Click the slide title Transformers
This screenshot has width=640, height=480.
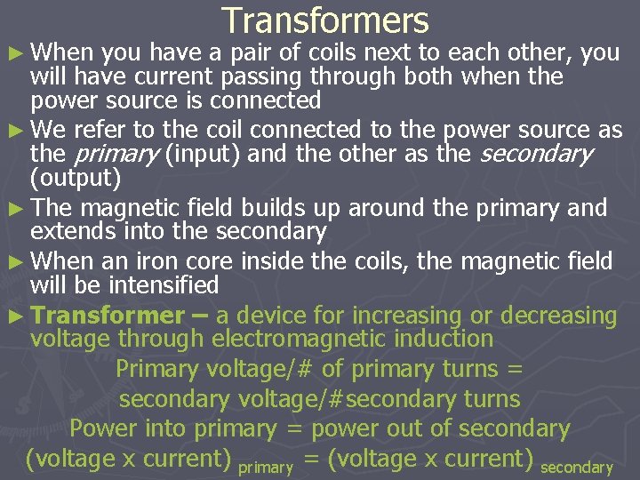[x=325, y=20]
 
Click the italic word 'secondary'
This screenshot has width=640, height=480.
[x=536, y=155]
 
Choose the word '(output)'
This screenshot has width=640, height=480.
[x=76, y=178]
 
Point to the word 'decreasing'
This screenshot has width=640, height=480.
[x=558, y=316]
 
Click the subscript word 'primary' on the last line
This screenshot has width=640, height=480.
[x=267, y=467]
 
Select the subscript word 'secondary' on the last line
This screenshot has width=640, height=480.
[x=577, y=467]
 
